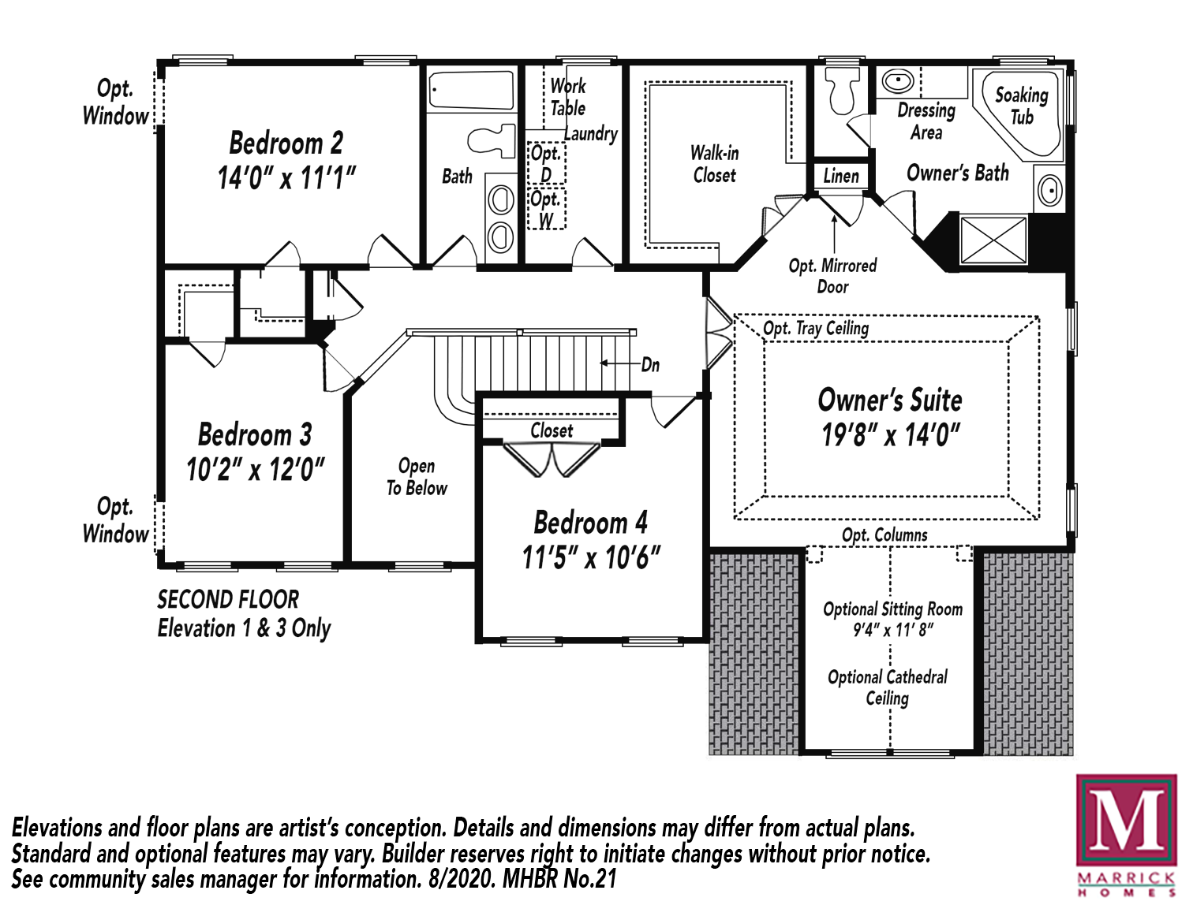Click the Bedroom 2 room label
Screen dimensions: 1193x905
point(286,143)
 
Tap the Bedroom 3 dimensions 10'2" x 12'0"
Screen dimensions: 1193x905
point(255,470)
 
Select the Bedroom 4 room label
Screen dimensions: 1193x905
point(591,523)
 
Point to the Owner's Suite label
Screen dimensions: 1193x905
point(890,400)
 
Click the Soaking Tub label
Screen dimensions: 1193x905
point(1022,106)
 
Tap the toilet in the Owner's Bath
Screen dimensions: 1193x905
point(842,90)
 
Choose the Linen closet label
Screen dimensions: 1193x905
point(841,176)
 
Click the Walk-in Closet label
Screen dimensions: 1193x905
point(714,164)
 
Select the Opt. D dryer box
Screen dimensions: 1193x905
point(547,162)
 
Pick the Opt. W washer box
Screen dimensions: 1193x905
point(547,208)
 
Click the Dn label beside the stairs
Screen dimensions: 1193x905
point(651,365)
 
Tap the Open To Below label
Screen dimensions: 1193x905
point(417,477)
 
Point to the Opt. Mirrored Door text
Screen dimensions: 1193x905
point(832,276)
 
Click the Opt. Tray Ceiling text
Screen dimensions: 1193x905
point(816,329)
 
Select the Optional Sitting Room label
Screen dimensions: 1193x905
point(893,609)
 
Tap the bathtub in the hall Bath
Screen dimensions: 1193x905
point(471,90)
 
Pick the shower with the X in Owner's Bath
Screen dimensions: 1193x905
point(993,240)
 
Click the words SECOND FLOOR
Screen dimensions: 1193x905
point(228,600)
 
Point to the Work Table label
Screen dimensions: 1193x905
point(568,97)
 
